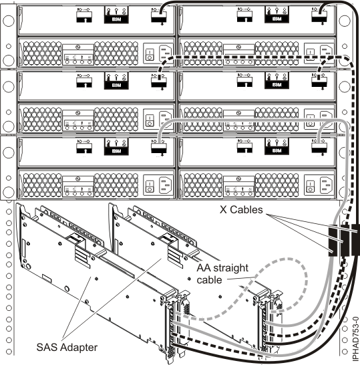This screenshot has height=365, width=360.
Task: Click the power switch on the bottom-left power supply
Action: pyautogui.click(x=151, y=187)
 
